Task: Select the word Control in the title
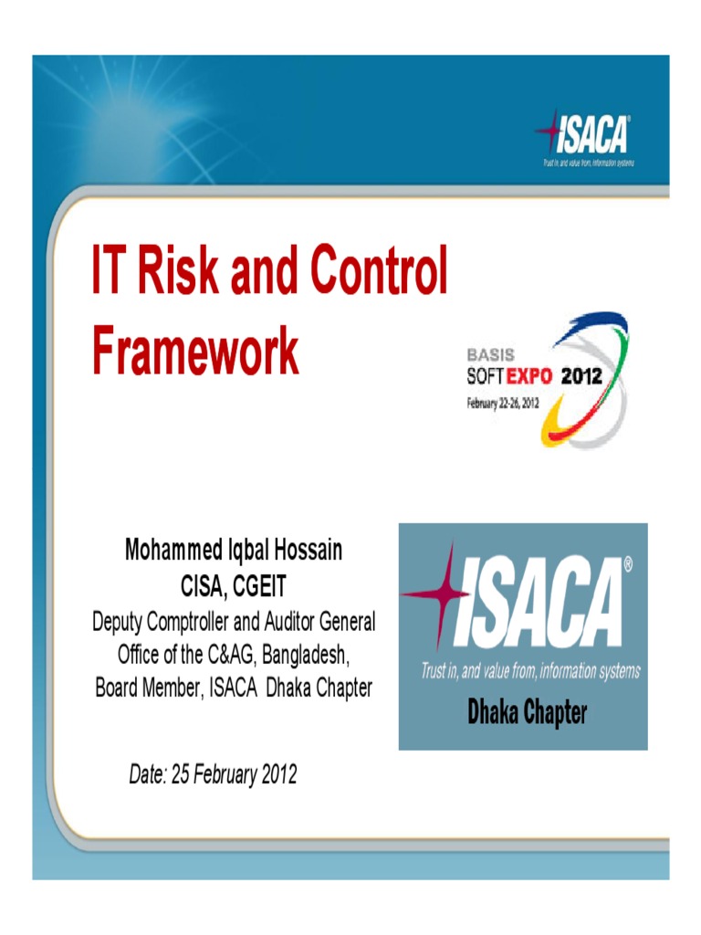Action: coord(378,270)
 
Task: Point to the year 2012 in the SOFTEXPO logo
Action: coord(581,375)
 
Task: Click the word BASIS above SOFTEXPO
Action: coord(490,354)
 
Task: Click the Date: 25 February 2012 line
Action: coord(213,776)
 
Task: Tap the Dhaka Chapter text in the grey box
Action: coord(527,713)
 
